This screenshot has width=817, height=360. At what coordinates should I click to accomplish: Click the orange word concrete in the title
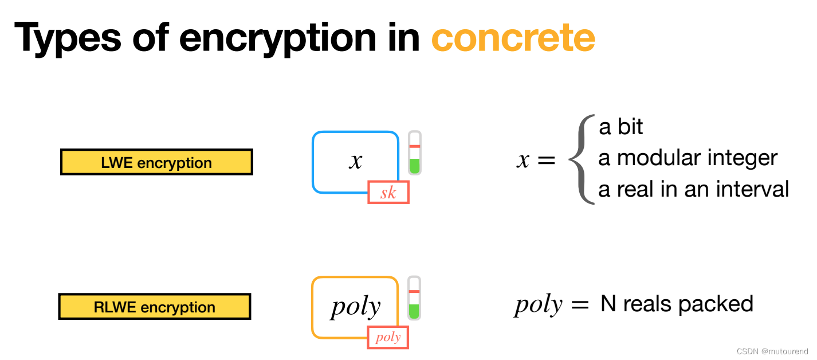513,38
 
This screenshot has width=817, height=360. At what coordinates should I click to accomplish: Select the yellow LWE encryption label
156,162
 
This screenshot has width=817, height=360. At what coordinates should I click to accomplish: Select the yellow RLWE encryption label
155,307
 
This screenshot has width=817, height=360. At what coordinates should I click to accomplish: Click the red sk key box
388,193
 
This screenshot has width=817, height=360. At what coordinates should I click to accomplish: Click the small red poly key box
388,337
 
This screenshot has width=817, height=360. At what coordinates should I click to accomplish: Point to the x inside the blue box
356,161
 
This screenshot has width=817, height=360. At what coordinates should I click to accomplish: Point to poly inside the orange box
355,307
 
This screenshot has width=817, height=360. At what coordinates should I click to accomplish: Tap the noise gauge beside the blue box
415,153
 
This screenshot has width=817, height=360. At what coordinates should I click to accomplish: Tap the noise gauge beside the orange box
414,298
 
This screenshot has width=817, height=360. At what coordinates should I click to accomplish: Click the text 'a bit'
620,127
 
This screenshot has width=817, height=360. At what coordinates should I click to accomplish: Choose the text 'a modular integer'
688,158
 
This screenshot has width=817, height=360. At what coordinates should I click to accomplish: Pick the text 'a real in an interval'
693,189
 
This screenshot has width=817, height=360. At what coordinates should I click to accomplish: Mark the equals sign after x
545,161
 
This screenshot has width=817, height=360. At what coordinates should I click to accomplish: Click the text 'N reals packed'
677,304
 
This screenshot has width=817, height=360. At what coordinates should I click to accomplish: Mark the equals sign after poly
579,305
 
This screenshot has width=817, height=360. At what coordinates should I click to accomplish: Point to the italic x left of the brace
523,161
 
